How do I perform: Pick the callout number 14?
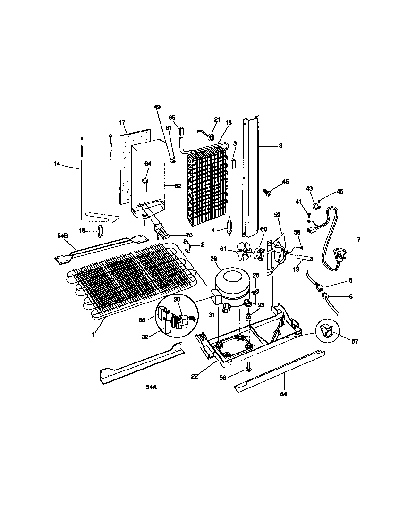(x=57, y=164)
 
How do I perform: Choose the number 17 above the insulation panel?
(x=122, y=123)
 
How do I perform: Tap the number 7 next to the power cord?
(x=358, y=240)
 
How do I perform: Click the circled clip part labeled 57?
(x=327, y=332)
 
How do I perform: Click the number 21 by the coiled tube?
(x=217, y=119)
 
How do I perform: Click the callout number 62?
(x=178, y=186)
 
